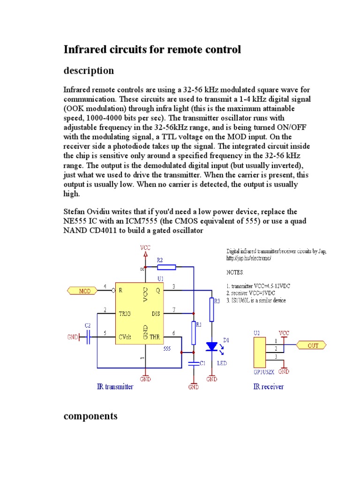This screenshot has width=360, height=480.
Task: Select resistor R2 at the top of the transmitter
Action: tap(166, 267)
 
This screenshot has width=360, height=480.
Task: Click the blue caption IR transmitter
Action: tap(115, 387)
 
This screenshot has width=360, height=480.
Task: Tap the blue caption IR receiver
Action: tap(269, 387)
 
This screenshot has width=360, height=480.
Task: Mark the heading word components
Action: tap(90, 416)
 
